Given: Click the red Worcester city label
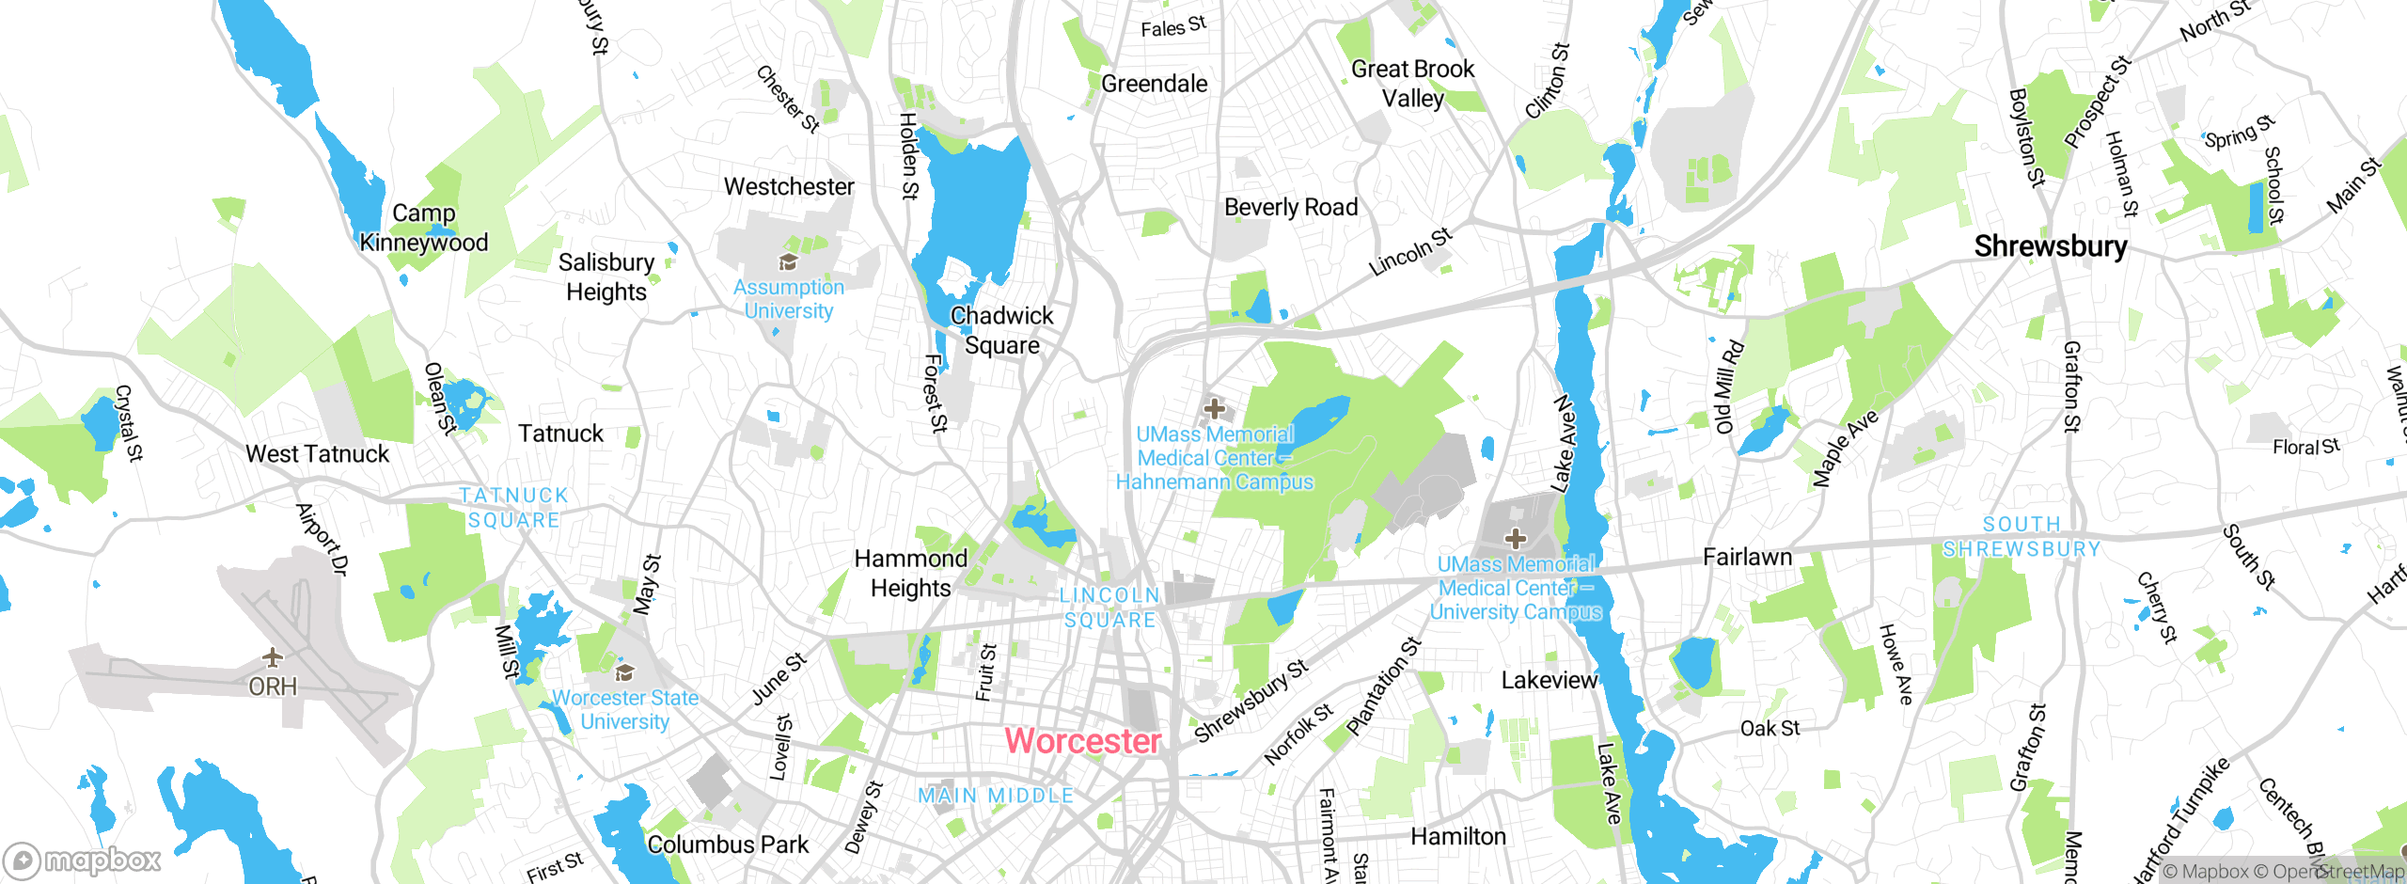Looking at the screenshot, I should (x=1082, y=741).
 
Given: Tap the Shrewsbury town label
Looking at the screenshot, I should (x=2050, y=246).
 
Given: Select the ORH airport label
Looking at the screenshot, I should (x=273, y=687).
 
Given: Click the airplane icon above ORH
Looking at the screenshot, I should (x=273, y=656).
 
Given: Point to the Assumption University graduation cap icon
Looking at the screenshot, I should (x=788, y=262).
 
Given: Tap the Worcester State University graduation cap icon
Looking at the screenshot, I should (x=624, y=672).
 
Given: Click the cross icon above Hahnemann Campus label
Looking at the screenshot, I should (x=1214, y=409).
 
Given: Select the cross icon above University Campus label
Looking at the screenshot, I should (x=1515, y=539).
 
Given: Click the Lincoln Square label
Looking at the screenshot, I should (x=1109, y=608).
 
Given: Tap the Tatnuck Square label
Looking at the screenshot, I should (x=513, y=508).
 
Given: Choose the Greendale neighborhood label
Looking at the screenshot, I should (x=1154, y=84).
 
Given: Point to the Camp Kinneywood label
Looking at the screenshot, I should (x=423, y=228).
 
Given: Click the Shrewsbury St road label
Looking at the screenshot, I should (x=1251, y=701).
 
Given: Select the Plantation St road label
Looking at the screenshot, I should (x=1383, y=687).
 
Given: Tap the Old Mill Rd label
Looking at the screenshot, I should (x=1729, y=387).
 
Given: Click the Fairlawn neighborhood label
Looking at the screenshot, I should (x=1747, y=557).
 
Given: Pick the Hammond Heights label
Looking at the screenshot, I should (x=910, y=573).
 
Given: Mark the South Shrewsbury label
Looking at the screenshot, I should (x=2022, y=536).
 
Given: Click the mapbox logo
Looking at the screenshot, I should (x=83, y=860).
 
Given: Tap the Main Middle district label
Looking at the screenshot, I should (x=996, y=796).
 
